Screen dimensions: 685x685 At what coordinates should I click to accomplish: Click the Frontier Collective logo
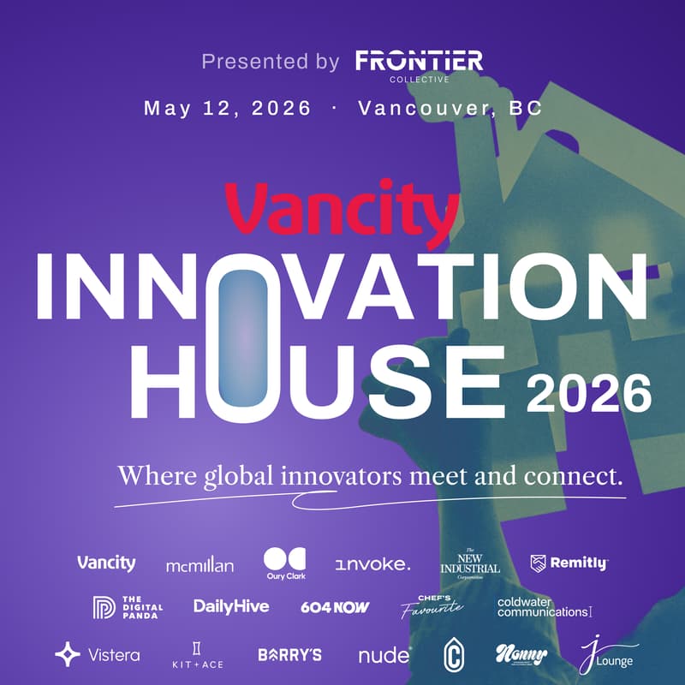pos(419,64)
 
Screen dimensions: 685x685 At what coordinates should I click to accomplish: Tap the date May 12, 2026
pos(228,109)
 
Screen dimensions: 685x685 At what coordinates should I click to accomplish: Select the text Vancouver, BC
pos(450,109)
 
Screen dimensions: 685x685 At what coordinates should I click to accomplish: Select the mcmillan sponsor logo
pos(200,565)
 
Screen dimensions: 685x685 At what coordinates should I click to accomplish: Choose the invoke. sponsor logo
pos(372,564)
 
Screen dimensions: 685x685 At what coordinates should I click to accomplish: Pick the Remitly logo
pos(569,563)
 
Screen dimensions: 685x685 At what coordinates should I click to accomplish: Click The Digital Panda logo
pos(127,607)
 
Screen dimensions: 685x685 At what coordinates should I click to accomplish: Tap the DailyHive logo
pos(231,606)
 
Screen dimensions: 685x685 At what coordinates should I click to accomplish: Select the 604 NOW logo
pos(335,607)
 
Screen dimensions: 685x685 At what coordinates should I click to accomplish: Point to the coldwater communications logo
pos(545,607)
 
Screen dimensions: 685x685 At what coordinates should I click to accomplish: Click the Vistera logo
pos(97,655)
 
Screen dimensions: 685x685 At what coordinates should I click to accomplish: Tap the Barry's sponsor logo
pos(289,655)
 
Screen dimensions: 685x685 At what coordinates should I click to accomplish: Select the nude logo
pos(384,656)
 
